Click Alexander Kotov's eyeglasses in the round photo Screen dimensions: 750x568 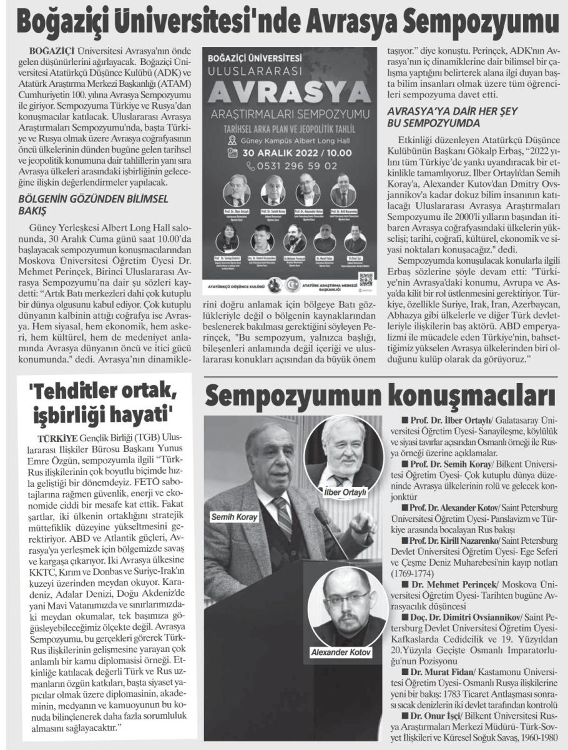point(344,597)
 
